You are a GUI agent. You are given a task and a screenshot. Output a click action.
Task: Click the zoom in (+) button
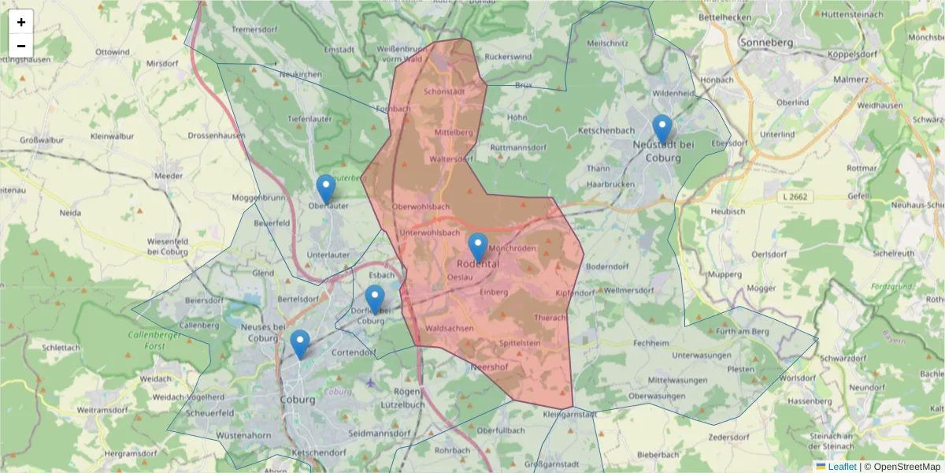(21, 22)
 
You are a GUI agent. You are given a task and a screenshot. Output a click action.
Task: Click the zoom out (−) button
(21, 46)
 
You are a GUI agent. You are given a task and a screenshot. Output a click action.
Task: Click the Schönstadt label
(444, 91)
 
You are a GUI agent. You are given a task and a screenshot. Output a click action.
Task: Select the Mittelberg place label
(453, 132)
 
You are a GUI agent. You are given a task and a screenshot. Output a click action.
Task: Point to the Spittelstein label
(520, 343)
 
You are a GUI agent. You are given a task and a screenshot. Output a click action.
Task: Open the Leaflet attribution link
(841, 467)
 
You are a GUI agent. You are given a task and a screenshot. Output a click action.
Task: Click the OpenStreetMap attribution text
(902, 467)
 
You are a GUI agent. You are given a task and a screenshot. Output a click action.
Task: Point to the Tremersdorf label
(257, 30)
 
